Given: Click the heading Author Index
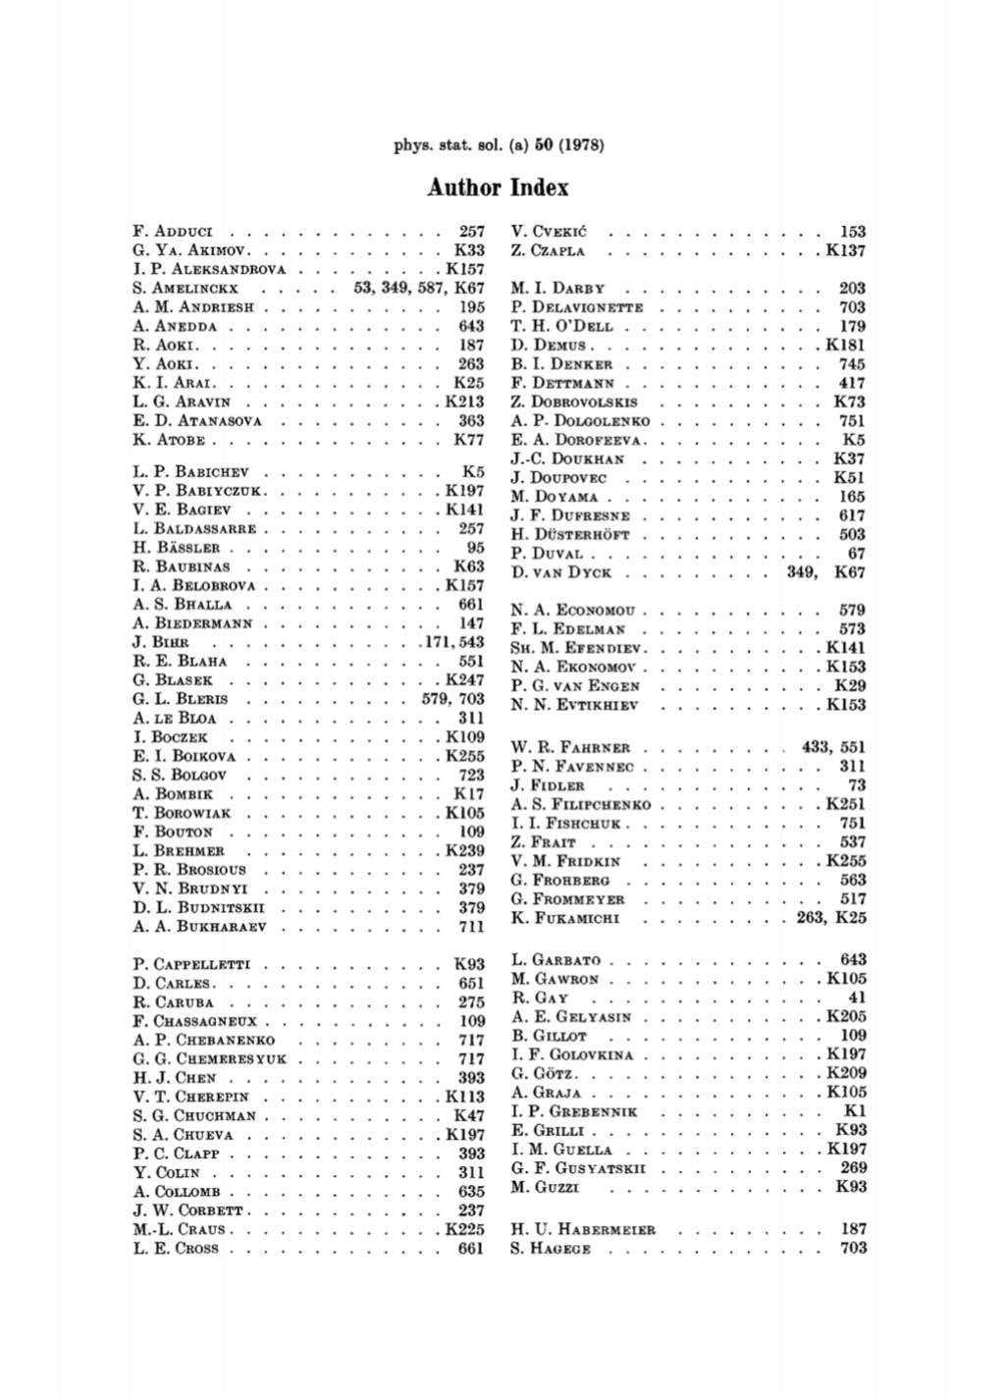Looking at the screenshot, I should coord(498,187).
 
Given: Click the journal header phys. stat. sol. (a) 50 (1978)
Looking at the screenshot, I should coord(498,146).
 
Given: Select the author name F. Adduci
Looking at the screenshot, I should coord(173,232).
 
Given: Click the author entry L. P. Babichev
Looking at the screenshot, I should coord(190,472).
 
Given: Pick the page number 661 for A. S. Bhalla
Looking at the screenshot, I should coord(471,605).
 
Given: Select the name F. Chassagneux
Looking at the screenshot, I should coord(193,1022).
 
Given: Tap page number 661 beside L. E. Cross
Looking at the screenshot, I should coord(471,1249).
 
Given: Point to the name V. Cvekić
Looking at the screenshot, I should coord(549,232).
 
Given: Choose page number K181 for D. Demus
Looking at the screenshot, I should coord(846,346).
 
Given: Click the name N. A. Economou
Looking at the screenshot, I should coord(573,611).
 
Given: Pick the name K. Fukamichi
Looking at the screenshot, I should coord(564,919).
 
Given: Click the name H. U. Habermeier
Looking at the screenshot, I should coord(583,1229).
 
